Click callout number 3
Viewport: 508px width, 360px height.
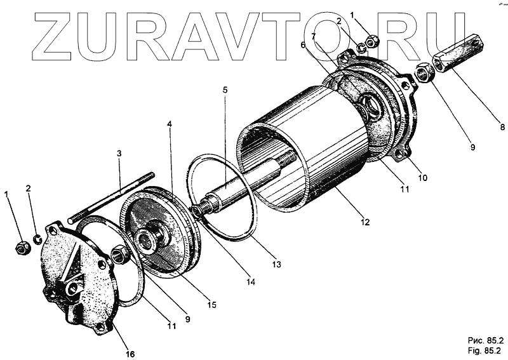(118, 154)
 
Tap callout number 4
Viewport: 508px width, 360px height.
(169, 125)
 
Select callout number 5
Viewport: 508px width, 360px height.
(225, 90)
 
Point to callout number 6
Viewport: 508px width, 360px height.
(303, 45)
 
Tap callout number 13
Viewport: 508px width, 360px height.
(274, 263)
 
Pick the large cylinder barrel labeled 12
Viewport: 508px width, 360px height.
(317, 152)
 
